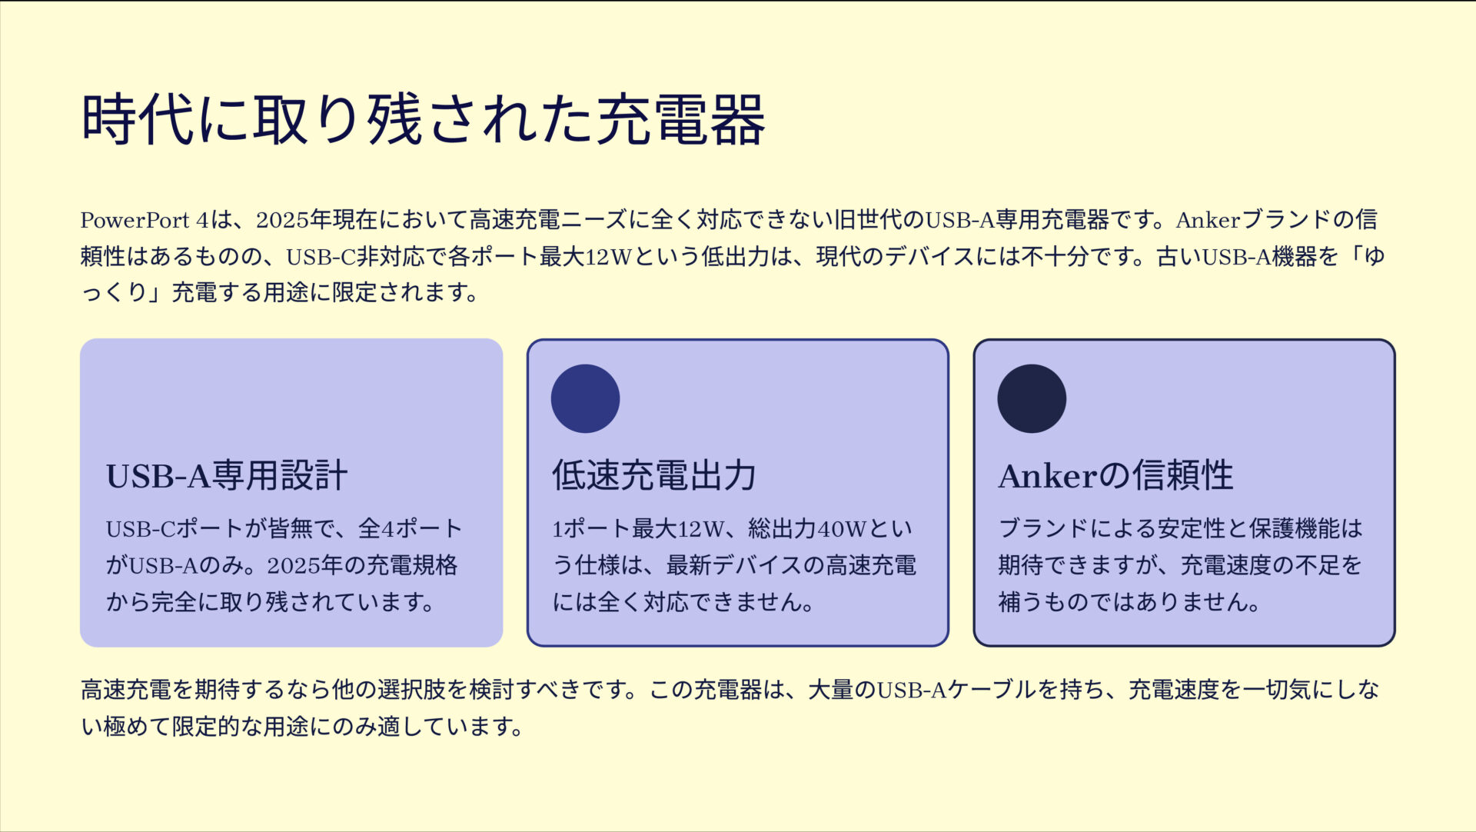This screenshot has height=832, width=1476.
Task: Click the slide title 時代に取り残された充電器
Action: coord(423,119)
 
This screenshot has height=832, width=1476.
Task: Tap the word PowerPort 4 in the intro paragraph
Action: coord(145,221)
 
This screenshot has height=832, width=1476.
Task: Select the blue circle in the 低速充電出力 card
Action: coord(585,398)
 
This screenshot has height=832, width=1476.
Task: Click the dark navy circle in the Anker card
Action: coord(1032,398)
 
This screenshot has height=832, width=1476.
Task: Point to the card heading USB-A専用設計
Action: coord(227,476)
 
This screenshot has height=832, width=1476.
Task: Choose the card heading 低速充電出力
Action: coord(654,476)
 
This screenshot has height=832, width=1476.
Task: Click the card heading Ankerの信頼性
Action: coord(1115,476)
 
